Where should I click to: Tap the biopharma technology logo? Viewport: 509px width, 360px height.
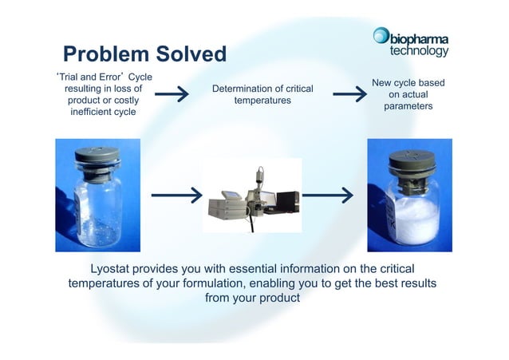point(411,42)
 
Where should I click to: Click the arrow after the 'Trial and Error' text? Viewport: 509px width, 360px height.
point(172,95)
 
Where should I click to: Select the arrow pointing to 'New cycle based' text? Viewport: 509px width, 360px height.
point(349,95)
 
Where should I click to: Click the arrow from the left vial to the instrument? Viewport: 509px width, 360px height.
point(175,195)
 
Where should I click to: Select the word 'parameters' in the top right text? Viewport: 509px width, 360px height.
point(408,107)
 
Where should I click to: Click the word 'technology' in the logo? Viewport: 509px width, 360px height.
point(419,50)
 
